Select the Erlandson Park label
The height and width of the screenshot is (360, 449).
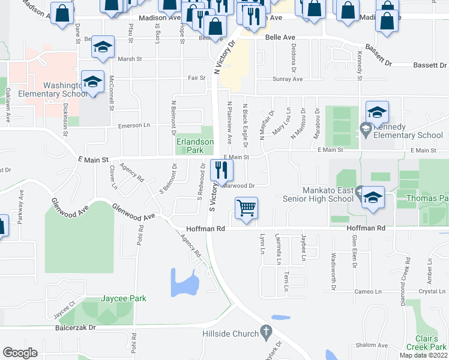(x=194, y=146)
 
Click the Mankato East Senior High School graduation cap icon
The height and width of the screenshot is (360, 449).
(x=372, y=197)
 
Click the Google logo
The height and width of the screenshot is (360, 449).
(x=20, y=352)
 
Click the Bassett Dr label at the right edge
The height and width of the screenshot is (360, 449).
(x=429, y=65)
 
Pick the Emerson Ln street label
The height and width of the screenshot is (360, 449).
(x=133, y=125)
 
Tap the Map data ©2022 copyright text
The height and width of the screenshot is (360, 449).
(x=423, y=355)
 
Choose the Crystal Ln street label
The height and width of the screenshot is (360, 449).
(x=432, y=291)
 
